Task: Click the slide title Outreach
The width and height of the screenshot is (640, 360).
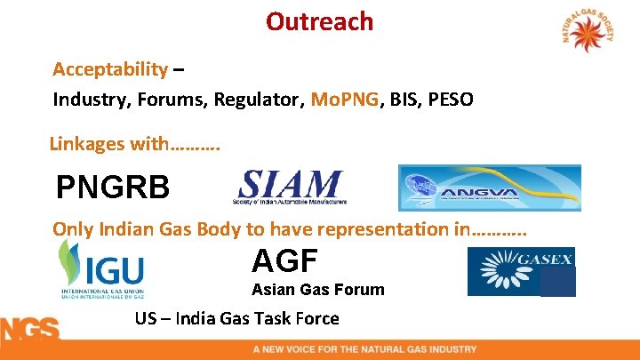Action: pyautogui.click(x=319, y=20)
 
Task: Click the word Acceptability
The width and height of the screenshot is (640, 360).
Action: pyautogui.click(x=110, y=69)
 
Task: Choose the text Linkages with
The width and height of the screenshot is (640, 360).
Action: pyautogui.click(x=133, y=143)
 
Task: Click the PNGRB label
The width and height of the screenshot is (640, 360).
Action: pyautogui.click(x=111, y=188)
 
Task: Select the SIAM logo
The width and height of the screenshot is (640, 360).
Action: pyautogui.click(x=290, y=188)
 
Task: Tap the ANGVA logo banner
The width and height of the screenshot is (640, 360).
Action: pyautogui.click(x=489, y=188)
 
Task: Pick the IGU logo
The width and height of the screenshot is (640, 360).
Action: pyautogui.click(x=100, y=269)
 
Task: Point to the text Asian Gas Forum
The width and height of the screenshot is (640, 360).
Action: pyautogui.click(x=317, y=290)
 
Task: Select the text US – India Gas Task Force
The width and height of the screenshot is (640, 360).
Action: pyautogui.click(x=236, y=318)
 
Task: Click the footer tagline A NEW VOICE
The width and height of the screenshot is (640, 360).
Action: pyautogui.click(x=364, y=349)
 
